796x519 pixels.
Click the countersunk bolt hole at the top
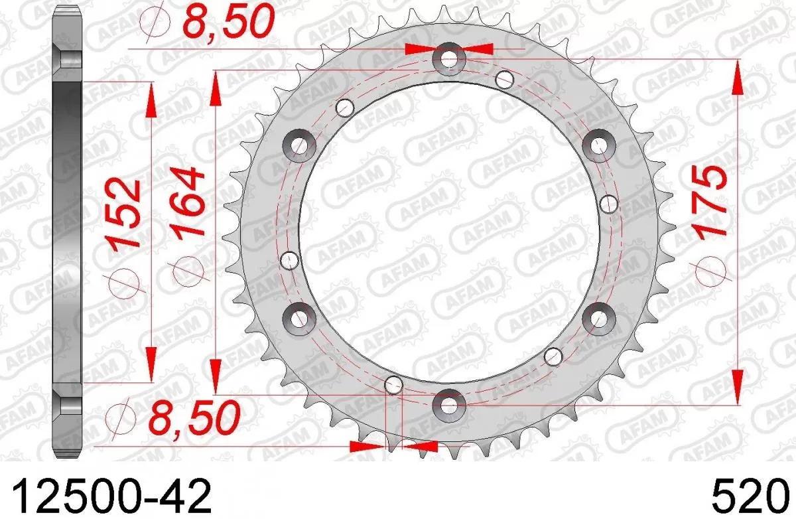(x=448, y=60)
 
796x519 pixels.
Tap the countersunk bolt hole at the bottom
(x=448, y=403)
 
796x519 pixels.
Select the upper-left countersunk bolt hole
(x=299, y=145)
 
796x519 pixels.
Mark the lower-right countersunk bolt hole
(x=598, y=317)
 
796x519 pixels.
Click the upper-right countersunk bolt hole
(x=598, y=145)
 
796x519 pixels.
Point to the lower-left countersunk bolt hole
(x=299, y=317)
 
